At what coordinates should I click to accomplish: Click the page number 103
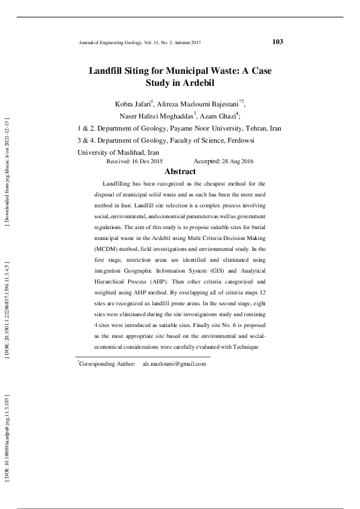coord(278,42)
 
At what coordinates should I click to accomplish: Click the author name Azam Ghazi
coord(222,116)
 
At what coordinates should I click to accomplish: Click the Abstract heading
coord(180,172)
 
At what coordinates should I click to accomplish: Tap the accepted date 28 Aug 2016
coord(235,162)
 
